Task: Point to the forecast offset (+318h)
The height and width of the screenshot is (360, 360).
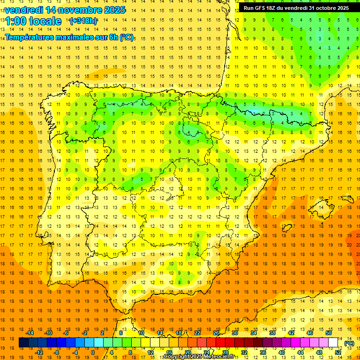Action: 83,21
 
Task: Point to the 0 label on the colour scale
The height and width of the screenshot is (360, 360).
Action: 93,352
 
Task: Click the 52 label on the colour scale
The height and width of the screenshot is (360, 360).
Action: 338,352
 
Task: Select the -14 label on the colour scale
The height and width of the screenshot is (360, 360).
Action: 30,333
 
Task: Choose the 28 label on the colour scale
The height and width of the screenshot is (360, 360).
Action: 225,352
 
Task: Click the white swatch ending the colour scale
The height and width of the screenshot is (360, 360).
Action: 333,343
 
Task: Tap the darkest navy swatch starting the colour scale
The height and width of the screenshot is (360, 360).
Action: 23,343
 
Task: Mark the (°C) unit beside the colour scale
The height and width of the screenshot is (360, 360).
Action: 349,343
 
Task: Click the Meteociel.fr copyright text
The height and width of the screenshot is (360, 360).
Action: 199,357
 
